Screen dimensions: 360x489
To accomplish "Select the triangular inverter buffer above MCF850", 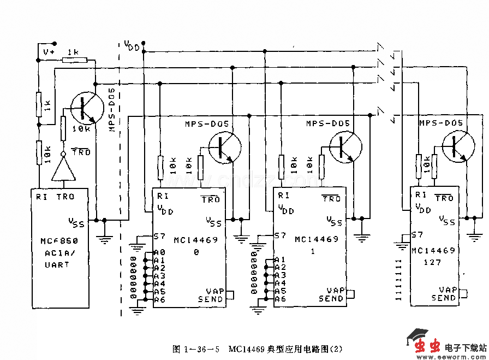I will [x=63, y=172].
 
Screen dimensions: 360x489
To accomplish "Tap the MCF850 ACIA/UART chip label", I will [x=58, y=252].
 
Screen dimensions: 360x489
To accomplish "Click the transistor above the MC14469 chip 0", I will [x=224, y=148].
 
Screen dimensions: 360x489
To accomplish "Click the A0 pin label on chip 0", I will [x=159, y=252].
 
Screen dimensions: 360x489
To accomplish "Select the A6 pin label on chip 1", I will [x=280, y=299].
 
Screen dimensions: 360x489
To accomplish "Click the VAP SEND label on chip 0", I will [x=211, y=296].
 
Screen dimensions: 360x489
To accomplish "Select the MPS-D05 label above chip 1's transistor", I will [x=327, y=124].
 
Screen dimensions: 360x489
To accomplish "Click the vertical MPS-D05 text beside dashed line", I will [x=112, y=109].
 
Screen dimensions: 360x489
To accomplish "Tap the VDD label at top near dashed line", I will [x=131, y=45].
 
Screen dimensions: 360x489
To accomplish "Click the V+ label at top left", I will [x=49, y=52].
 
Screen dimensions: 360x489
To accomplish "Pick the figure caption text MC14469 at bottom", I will [x=247, y=349].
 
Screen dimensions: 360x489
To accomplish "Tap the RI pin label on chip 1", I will [x=283, y=195].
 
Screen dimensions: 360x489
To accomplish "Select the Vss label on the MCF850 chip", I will [x=76, y=222].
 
